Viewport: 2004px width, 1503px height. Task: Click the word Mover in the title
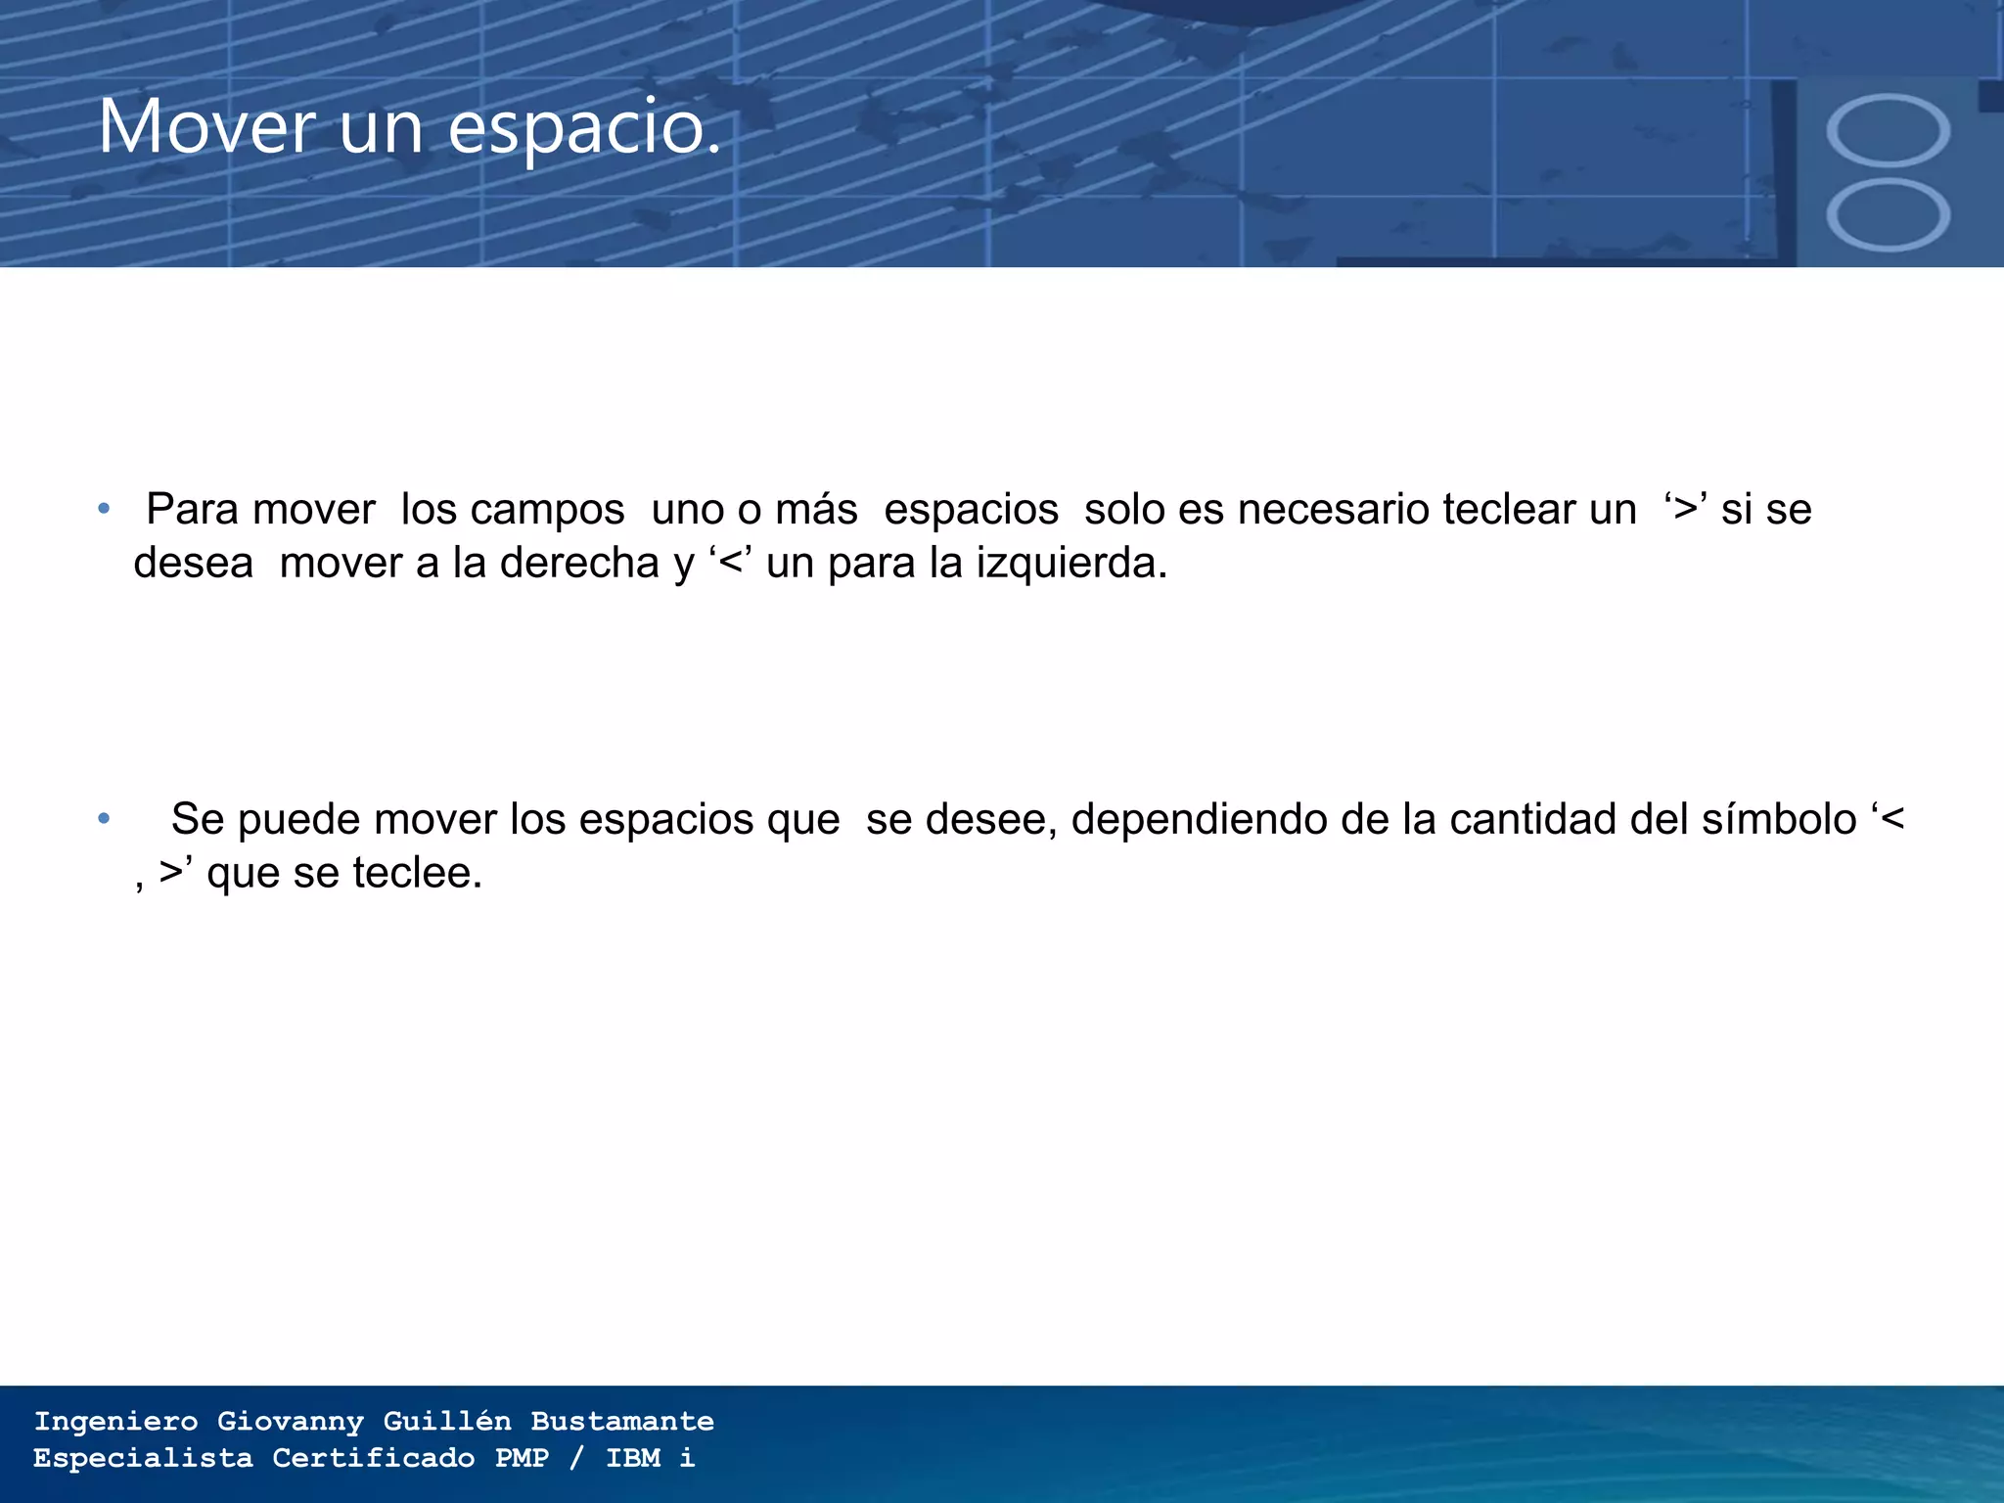click(x=206, y=126)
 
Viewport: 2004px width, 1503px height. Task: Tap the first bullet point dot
click(x=104, y=509)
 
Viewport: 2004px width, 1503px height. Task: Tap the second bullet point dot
click(x=104, y=818)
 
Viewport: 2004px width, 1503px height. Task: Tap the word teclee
click(x=418, y=873)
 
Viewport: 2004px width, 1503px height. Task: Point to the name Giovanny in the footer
click(x=291, y=1421)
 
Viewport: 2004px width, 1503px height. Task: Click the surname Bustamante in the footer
click(x=622, y=1421)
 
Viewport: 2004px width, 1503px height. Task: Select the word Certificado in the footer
click(x=373, y=1458)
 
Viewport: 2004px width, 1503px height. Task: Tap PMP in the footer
click(x=522, y=1458)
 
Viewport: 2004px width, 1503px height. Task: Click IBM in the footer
click(x=633, y=1458)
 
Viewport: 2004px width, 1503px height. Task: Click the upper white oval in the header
click(x=1888, y=131)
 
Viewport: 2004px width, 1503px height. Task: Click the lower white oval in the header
click(x=1888, y=215)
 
